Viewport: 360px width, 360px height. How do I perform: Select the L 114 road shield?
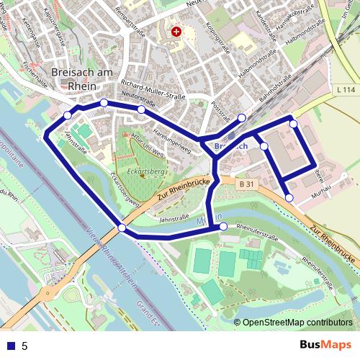[345, 89]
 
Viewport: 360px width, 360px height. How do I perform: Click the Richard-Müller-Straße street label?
[153, 88]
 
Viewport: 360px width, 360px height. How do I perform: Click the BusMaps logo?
[325, 345]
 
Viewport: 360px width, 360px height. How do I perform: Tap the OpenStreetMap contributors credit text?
[297, 323]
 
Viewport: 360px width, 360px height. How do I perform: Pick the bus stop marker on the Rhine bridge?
[122, 228]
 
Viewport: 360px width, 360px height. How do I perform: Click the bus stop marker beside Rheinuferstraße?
[223, 227]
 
